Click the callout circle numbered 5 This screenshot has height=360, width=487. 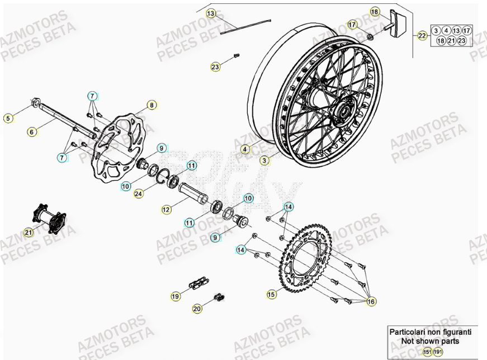(x=8, y=118)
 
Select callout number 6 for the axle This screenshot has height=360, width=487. (x=32, y=132)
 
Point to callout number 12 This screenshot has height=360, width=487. (x=166, y=209)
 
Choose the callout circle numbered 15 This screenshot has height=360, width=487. (x=271, y=294)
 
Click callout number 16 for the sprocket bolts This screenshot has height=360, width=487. (x=371, y=301)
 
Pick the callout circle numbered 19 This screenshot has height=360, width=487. (x=175, y=296)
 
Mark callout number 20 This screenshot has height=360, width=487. (x=197, y=308)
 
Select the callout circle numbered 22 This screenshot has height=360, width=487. (x=422, y=36)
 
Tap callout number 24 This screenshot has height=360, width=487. (x=138, y=193)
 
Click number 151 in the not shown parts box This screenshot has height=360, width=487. (x=427, y=352)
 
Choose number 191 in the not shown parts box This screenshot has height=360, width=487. (x=438, y=352)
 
